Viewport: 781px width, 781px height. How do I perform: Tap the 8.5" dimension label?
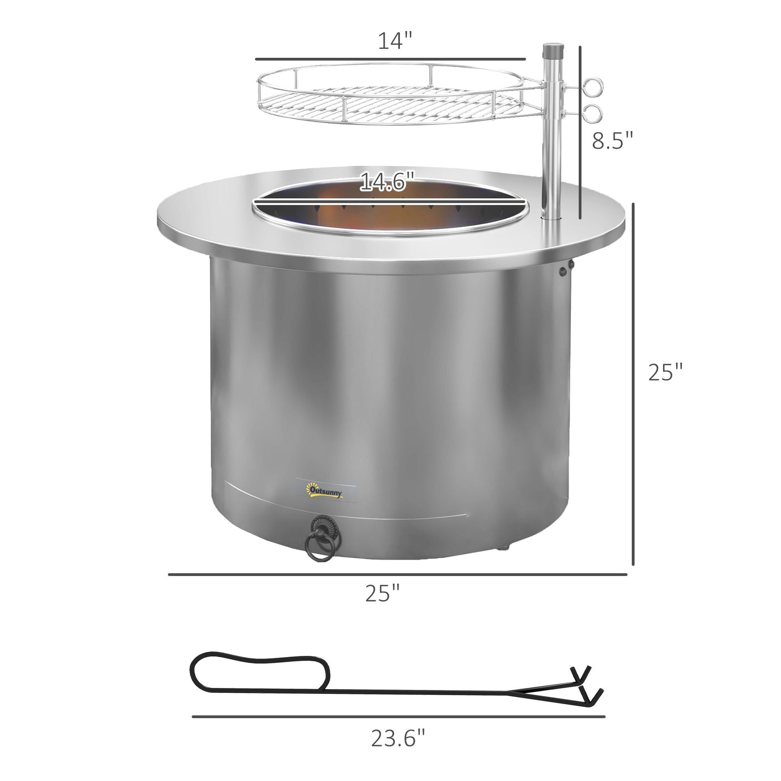pyautogui.click(x=612, y=140)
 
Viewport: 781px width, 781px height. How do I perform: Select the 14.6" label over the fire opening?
pyautogui.click(x=387, y=181)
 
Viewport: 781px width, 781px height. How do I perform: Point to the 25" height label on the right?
pyautogui.click(x=665, y=372)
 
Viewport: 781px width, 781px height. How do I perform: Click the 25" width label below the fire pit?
pyautogui.click(x=382, y=593)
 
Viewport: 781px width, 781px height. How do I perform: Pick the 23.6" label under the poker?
pyautogui.click(x=398, y=738)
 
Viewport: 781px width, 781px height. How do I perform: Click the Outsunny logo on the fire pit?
pyautogui.click(x=326, y=491)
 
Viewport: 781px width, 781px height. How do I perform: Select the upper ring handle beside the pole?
pyautogui.click(x=593, y=87)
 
